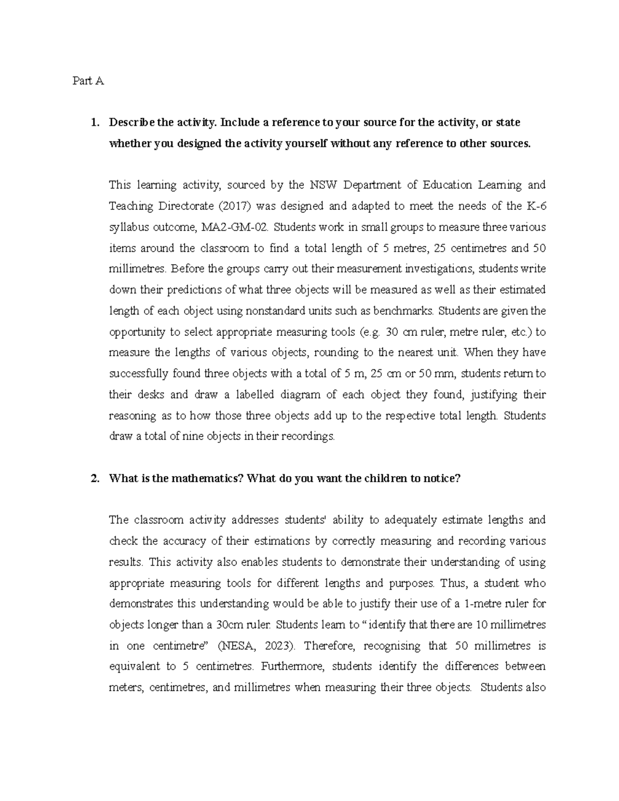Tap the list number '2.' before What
tap(94, 478)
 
